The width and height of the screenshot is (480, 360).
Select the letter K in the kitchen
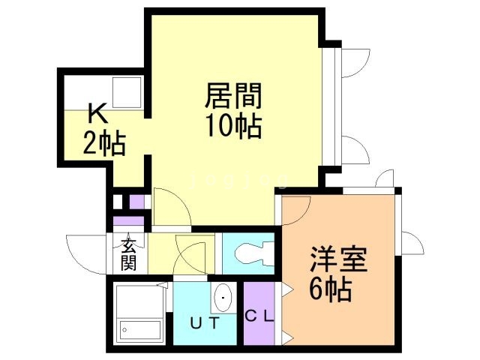(97, 114)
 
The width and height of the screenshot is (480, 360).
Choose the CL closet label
(259, 315)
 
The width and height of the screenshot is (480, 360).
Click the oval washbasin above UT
(222, 300)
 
